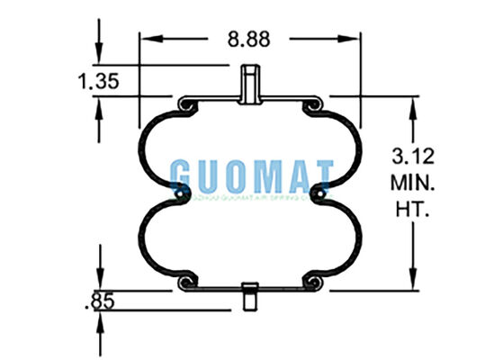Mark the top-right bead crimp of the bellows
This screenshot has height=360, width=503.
pos(312,107)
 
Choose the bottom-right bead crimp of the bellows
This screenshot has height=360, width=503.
pos(312,282)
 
